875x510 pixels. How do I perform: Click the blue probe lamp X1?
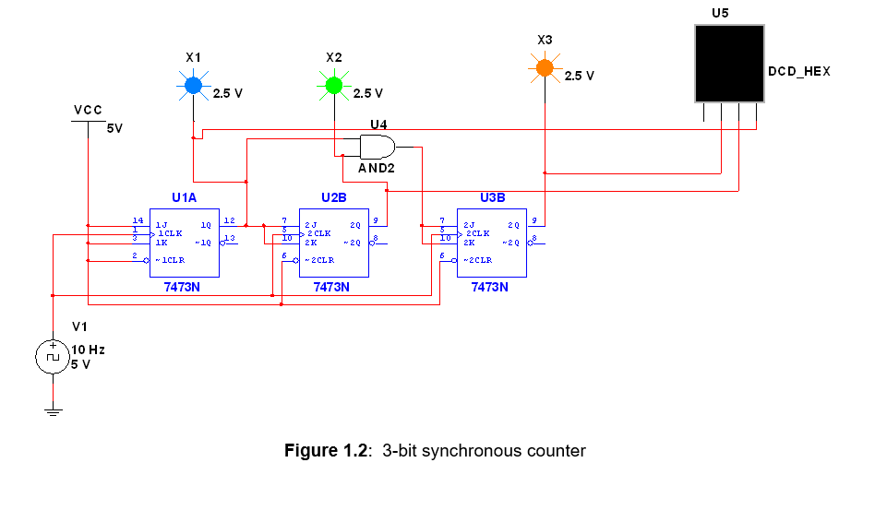pyautogui.click(x=192, y=86)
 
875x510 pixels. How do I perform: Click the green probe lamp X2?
pyautogui.click(x=333, y=86)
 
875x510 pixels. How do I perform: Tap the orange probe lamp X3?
pyautogui.click(x=545, y=67)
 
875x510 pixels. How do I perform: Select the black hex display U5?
pyautogui.click(x=729, y=63)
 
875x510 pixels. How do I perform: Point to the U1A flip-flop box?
pyautogui.click(x=184, y=242)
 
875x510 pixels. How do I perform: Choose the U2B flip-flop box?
pyautogui.click(x=333, y=242)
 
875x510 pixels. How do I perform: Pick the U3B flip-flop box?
pyautogui.click(x=491, y=242)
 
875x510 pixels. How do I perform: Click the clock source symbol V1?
pyautogui.click(x=53, y=356)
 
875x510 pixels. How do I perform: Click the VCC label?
pyautogui.click(x=88, y=111)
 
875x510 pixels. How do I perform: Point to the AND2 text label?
pyautogui.click(x=376, y=169)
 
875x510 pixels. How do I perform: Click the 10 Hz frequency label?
pyautogui.click(x=89, y=350)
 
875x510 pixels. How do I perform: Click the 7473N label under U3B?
pyautogui.click(x=489, y=287)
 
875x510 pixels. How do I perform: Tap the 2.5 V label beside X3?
pyautogui.click(x=580, y=76)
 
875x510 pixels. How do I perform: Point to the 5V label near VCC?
pyautogui.click(x=114, y=129)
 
